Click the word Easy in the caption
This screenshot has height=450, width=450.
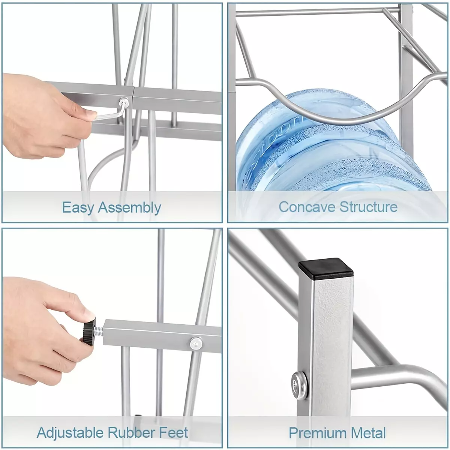[x=78, y=208]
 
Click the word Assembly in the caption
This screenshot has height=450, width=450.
[x=129, y=208]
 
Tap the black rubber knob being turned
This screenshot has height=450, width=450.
[x=88, y=330]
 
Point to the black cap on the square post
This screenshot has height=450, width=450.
[x=325, y=269]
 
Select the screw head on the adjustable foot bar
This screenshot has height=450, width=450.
[x=196, y=343]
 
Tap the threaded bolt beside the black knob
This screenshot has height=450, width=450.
[x=99, y=330]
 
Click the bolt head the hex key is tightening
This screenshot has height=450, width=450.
[x=124, y=102]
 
